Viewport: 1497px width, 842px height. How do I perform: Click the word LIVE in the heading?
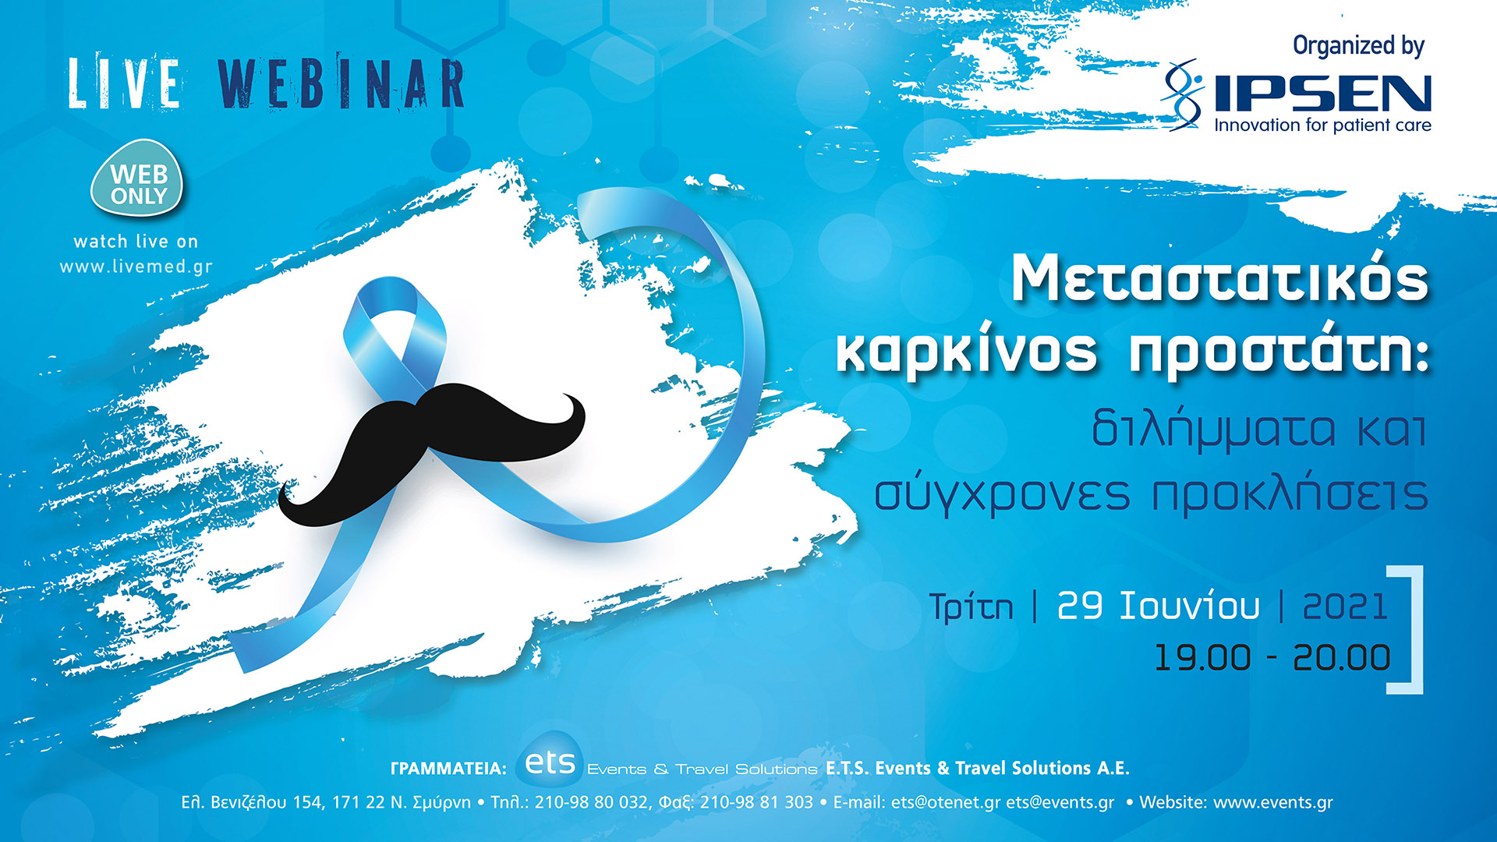coord(125,83)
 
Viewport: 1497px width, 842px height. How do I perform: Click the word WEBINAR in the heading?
coord(341,83)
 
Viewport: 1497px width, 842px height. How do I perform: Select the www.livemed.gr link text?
coord(136,267)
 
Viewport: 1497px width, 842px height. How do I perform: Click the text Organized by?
coord(1358,46)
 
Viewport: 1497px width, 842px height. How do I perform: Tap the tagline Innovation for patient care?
coord(1322,126)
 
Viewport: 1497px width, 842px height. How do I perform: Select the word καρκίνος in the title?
coord(967,352)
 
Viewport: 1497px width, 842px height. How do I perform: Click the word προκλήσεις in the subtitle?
coord(1290,494)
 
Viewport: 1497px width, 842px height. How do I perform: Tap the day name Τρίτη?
coord(971,607)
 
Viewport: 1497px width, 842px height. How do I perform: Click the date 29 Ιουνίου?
coord(1158,606)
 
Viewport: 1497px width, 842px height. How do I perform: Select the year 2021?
coord(1345,606)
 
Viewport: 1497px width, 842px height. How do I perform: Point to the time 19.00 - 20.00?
coord(1272,657)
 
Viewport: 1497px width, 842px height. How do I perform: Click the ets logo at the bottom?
coord(550,762)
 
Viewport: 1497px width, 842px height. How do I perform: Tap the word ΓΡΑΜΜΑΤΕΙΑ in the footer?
coord(448,769)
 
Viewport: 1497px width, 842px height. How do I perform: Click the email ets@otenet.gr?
coord(945,802)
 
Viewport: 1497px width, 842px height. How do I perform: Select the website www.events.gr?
coord(1273,802)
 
